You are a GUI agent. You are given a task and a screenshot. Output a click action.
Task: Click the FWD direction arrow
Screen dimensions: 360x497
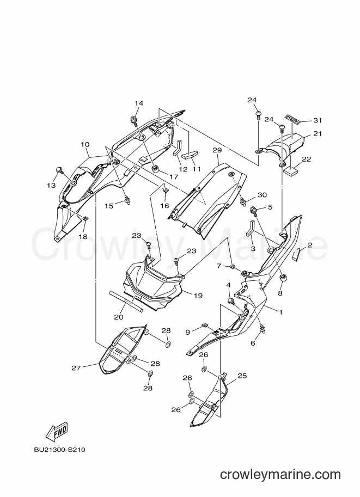(57, 432)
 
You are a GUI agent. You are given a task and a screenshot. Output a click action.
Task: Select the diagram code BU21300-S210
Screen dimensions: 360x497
(60, 450)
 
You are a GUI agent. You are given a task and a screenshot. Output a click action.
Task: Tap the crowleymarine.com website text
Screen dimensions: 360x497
(280, 475)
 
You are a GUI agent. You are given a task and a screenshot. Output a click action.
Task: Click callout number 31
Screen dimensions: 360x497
(318, 120)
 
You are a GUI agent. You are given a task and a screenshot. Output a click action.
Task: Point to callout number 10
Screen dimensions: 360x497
(85, 145)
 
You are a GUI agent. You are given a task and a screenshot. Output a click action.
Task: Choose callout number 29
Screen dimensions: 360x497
(217, 150)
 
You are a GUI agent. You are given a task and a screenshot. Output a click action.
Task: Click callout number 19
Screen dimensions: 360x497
(198, 296)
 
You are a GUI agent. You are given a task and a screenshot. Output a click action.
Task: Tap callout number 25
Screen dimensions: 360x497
(242, 376)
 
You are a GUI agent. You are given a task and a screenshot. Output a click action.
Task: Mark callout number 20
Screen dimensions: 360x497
(119, 317)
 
